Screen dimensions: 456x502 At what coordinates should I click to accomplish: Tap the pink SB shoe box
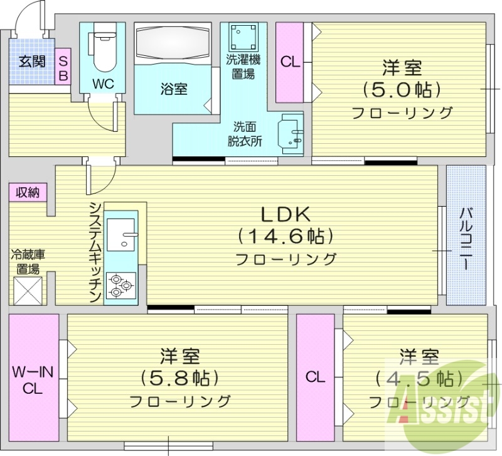pos(63,67)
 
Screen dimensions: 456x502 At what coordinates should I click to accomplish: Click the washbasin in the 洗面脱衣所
pos(291,133)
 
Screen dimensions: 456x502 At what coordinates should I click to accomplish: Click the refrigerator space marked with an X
pos(27,290)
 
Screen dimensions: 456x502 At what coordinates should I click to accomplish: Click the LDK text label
pos(286,214)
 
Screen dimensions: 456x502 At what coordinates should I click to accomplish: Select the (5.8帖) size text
pos(179,378)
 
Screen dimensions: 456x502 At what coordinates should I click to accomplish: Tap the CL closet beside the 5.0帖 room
pos(289,62)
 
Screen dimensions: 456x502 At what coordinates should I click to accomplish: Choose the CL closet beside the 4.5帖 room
pos(315,377)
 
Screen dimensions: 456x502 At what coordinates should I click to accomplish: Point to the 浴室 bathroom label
pos(173,89)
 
